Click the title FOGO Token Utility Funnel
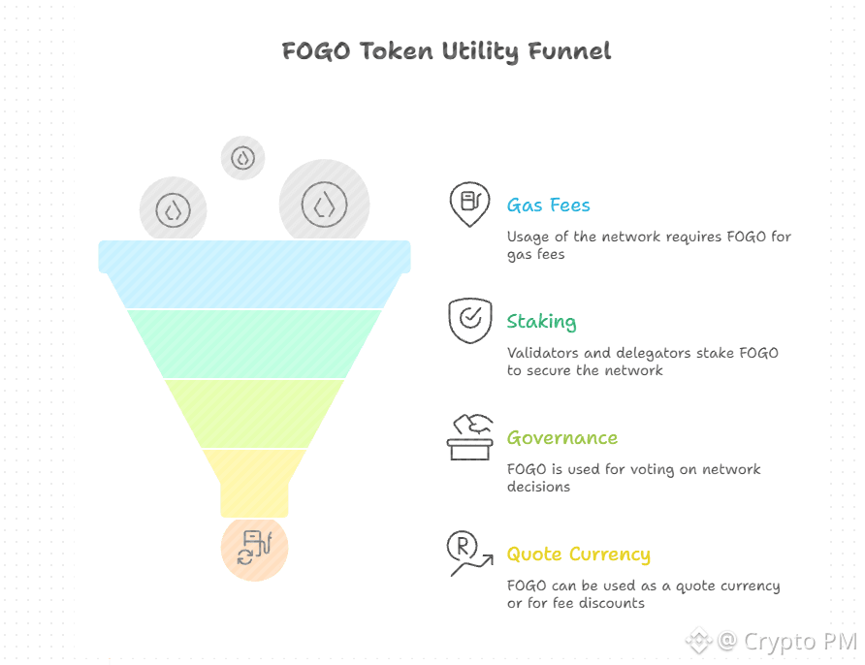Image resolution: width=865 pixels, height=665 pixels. click(447, 50)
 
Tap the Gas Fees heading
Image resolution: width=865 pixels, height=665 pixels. click(548, 206)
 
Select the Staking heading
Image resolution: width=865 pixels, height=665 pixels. click(541, 322)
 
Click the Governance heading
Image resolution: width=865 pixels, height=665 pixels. click(561, 438)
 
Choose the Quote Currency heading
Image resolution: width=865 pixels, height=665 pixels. click(578, 554)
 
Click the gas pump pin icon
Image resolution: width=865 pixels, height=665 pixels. click(469, 204)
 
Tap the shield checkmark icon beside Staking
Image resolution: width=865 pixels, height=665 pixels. click(469, 320)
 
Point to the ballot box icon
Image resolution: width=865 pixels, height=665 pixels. click(470, 437)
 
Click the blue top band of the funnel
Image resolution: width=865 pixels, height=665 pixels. click(254, 257)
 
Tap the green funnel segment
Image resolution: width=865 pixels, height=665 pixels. click(254, 342)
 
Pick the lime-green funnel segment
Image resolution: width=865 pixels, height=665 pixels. click(254, 413)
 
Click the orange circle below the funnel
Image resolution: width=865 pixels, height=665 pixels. click(254, 549)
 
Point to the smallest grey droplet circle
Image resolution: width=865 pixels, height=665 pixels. click(242, 157)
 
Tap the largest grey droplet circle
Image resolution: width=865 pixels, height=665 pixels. click(324, 204)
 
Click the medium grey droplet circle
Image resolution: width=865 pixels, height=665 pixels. click(173, 209)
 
